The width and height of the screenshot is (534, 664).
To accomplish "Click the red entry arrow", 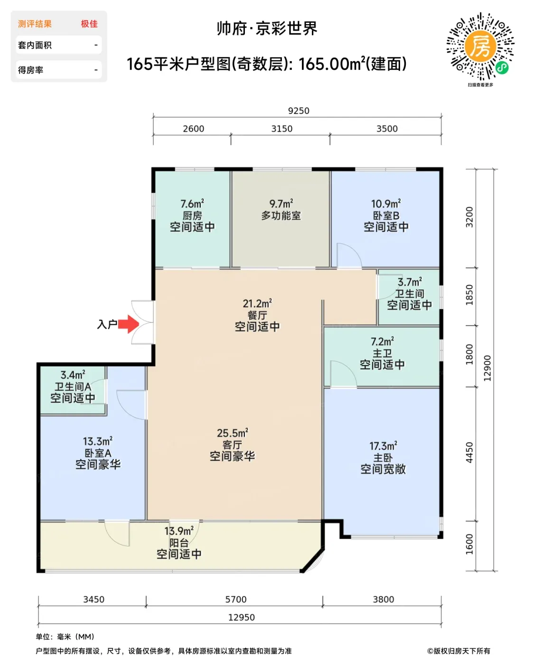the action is [129, 324].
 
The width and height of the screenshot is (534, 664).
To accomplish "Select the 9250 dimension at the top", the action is [299, 111].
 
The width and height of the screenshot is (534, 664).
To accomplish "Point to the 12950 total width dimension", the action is [241, 617].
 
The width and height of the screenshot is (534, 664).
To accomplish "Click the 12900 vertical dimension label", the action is [487, 368].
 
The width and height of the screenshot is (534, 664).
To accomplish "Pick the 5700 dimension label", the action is [235, 599].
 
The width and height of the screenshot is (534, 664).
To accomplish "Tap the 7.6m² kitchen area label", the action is [192, 203].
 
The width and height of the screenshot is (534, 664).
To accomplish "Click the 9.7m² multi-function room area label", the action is [281, 203].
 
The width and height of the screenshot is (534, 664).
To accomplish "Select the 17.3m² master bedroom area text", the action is [383, 446].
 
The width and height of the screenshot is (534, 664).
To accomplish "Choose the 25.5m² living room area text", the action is [233, 433].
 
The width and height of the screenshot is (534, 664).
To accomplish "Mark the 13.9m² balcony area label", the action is [179, 531].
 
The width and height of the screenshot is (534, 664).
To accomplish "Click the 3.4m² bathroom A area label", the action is [73, 375].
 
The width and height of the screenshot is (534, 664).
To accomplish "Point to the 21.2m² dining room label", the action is [257, 304].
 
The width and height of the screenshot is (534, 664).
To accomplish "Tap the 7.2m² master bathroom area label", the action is [383, 341].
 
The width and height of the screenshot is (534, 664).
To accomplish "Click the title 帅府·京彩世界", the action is [267, 28].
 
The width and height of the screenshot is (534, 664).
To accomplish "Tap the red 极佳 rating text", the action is [89, 24].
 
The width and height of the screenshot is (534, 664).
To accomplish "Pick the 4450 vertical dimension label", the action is [469, 452].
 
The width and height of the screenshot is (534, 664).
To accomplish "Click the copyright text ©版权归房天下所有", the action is [459, 651].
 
